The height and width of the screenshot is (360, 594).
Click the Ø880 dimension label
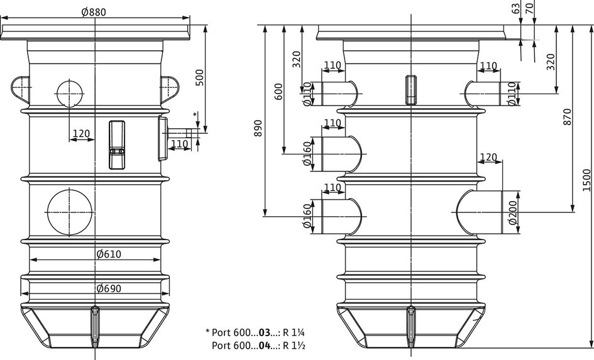94,12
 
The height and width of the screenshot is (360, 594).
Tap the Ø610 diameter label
109,254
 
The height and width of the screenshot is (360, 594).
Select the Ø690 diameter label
109,289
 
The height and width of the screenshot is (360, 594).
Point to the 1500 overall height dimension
586,180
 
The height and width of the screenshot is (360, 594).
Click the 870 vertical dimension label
567,117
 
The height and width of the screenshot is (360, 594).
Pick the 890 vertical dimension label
258,128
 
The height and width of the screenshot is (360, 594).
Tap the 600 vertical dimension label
278,92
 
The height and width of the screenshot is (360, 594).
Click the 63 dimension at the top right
515,8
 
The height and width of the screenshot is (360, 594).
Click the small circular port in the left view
70,93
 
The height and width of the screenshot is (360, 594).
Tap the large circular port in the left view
70,212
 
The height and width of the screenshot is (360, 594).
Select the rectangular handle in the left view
117,145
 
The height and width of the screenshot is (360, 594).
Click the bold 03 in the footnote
265,333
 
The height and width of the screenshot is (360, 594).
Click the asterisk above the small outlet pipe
195,114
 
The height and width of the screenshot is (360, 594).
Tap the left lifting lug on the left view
20,90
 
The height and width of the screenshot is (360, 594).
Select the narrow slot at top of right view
411,90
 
